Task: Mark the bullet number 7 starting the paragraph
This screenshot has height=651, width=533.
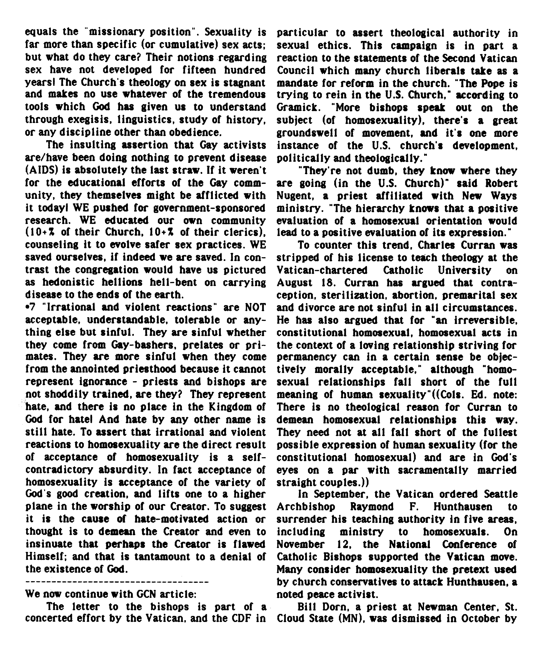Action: [x=31, y=307]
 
